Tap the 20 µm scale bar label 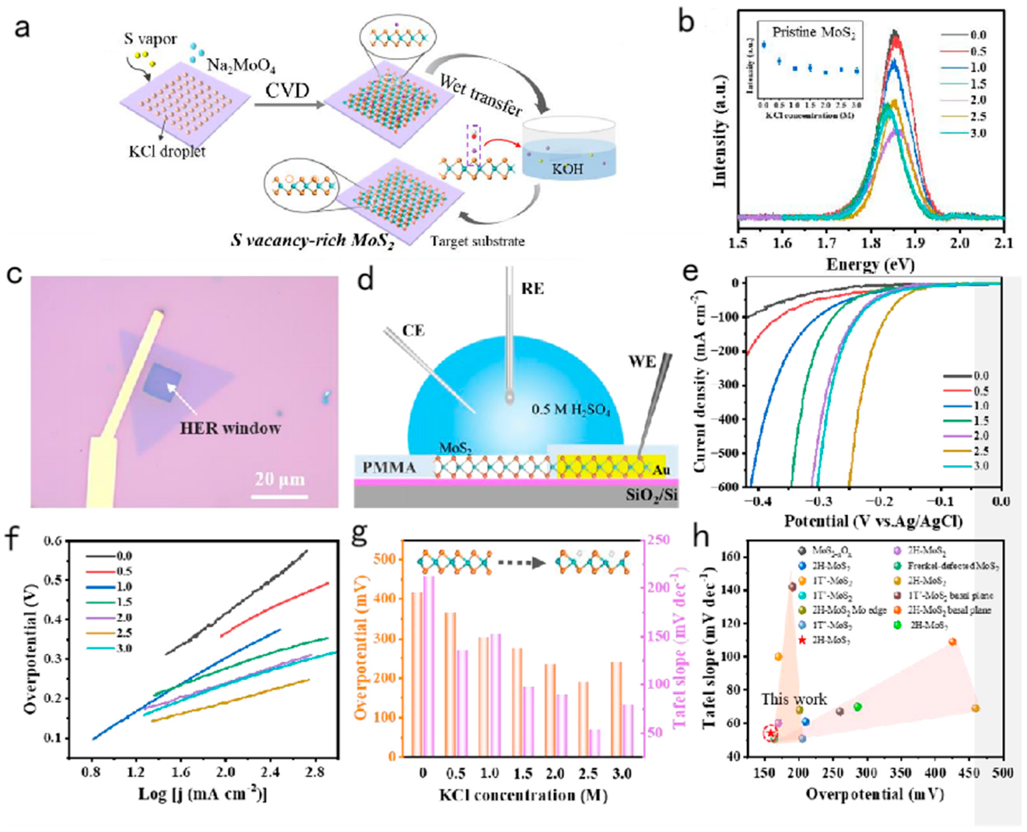tap(279, 479)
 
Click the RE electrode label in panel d tap(533, 289)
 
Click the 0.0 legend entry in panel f tap(123, 556)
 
